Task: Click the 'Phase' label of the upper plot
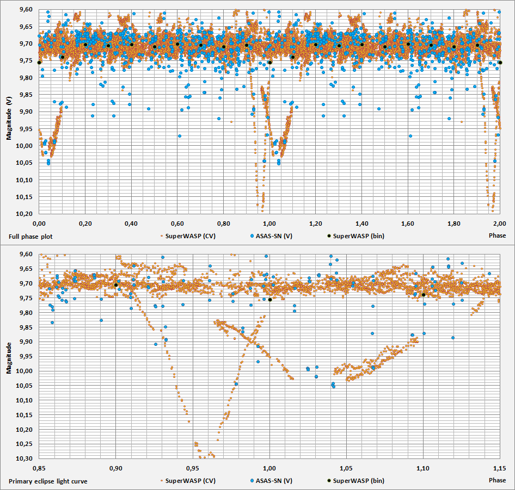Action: [496, 235]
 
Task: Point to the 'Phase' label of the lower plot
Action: [496, 480]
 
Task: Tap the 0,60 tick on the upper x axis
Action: [177, 223]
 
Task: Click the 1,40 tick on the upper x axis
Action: [362, 223]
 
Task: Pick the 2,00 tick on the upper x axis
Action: [500, 223]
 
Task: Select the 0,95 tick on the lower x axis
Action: [193, 468]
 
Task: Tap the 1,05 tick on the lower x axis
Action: [347, 468]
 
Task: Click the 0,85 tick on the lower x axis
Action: [39, 468]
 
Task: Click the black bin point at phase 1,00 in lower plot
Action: [269, 299]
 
